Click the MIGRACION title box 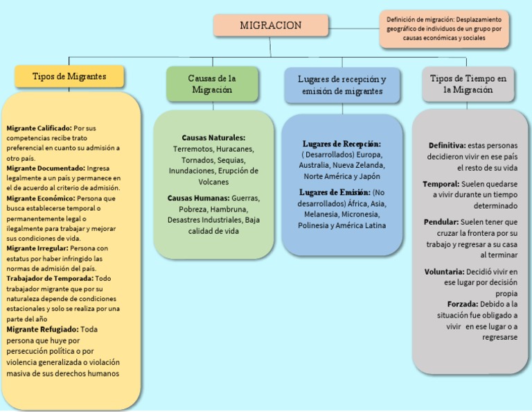click(270, 26)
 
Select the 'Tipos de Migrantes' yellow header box click(69, 76)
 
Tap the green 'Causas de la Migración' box click(212, 84)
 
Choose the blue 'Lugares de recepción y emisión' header click(342, 85)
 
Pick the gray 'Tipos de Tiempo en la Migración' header click(468, 84)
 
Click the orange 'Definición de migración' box click(444, 29)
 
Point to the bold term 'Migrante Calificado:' click(39, 128)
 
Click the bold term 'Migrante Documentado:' click(46, 168)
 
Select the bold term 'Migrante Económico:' click(42, 198)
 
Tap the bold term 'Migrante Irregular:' click(37, 248)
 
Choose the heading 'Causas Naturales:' click(213, 138)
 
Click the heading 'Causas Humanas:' click(199, 198)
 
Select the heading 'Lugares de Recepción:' click(342, 144)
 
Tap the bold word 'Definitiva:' click(447, 145)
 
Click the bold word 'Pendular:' click(441, 222)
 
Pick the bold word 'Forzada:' click(463, 304)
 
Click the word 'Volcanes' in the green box click(213, 182)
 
